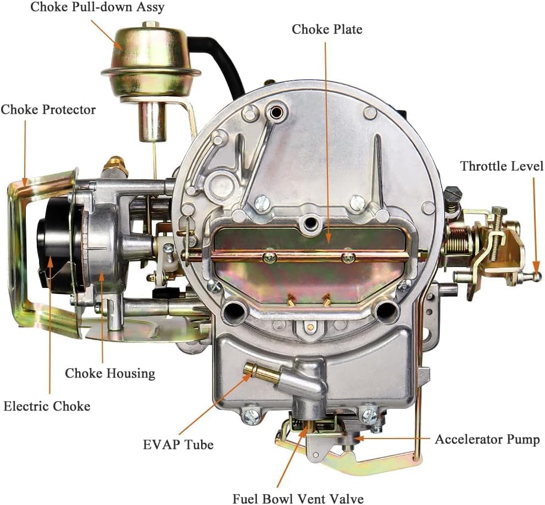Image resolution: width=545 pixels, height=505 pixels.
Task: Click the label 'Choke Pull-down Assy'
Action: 97,7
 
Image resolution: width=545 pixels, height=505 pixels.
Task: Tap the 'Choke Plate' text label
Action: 327,29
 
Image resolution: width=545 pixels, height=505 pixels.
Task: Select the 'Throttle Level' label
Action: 502,166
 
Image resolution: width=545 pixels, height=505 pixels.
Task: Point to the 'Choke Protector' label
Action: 48,109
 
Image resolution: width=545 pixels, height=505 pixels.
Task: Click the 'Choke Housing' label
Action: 110,373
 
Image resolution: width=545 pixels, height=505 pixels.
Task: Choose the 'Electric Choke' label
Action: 47,406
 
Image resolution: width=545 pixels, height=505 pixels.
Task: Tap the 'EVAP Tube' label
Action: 179,445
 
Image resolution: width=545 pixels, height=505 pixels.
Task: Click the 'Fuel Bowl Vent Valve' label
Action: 298,499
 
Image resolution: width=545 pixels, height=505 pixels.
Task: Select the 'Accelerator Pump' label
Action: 487,439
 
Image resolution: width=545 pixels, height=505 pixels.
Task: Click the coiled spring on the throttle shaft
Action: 458,240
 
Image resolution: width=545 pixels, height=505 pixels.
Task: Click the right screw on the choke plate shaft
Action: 348,257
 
